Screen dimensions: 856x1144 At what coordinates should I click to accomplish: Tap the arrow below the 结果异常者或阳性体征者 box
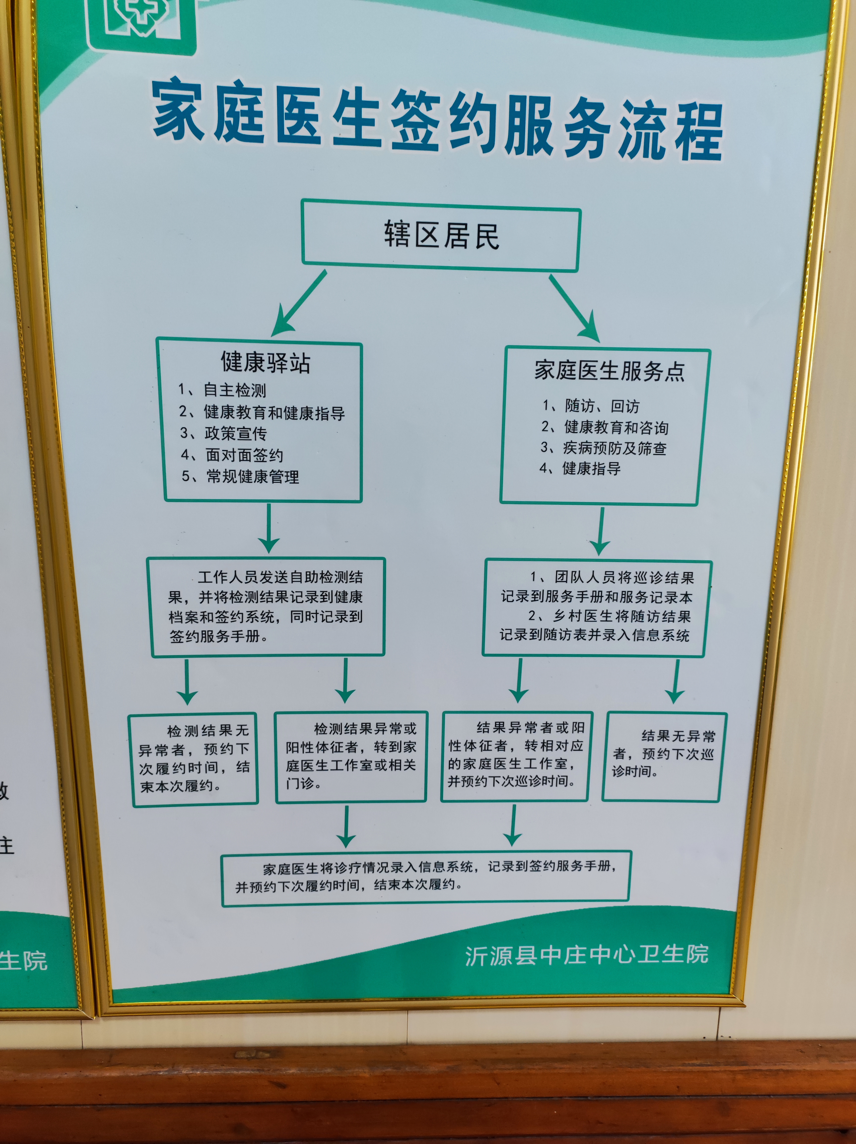(x=513, y=825)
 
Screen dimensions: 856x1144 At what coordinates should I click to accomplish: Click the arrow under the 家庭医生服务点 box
(x=601, y=531)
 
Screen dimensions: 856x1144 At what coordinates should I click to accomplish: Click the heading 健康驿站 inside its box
(x=266, y=362)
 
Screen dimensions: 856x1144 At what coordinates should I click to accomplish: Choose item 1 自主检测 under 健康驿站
(x=222, y=390)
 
